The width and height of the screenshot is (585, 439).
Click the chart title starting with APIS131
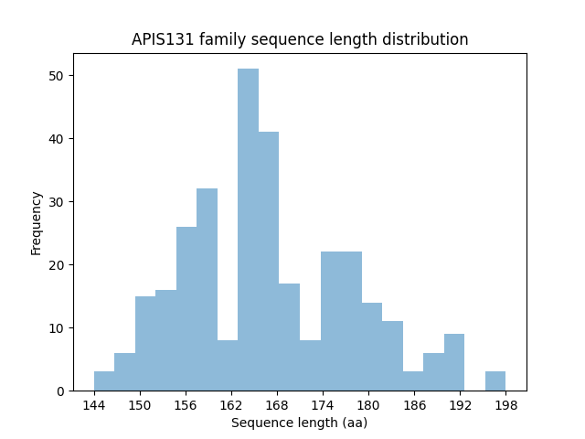(300, 39)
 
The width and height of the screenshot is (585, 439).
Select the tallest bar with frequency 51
(248, 230)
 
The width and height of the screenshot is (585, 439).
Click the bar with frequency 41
(269, 261)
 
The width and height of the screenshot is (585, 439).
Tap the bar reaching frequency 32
(207, 289)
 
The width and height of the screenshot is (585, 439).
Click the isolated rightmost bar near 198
(495, 381)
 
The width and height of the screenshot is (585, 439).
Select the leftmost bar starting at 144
(104, 381)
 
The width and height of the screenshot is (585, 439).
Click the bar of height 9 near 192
(453, 362)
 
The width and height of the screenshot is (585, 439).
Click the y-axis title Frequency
(37, 222)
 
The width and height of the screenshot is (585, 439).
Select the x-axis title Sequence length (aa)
(299, 423)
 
